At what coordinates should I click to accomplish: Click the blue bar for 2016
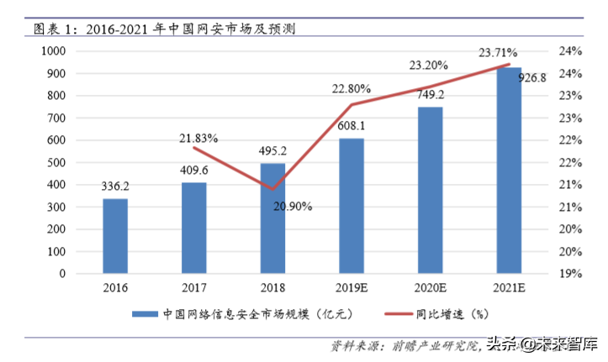point(115,236)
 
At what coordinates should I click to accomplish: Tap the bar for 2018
point(272,218)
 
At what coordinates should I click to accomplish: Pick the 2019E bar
point(352,206)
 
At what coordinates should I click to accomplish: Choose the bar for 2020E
point(430,190)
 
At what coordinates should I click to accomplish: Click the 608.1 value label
point(352,127)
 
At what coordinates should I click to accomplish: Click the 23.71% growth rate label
point(498,52)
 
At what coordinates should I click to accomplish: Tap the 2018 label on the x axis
point(272,288)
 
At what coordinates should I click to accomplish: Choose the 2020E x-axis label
point(430,288)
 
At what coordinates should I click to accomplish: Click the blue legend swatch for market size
point(145,314)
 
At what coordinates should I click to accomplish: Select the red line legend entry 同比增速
point(437,314)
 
